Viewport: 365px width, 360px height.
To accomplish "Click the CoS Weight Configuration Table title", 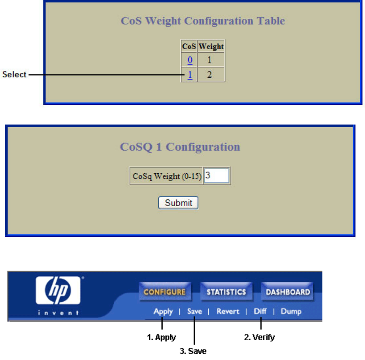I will coord(203,21).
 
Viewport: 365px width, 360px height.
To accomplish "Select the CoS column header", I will coord(189,46).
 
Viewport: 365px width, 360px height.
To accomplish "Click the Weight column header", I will coord(211,46).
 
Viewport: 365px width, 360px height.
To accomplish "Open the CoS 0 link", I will coord(190,60).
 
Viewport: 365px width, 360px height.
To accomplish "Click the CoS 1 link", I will coord(190,75).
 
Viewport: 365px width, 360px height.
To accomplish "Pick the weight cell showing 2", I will coord(210,75).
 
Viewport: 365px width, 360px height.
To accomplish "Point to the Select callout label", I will coord(14,75).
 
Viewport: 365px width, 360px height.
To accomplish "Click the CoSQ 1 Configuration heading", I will coord(180,146).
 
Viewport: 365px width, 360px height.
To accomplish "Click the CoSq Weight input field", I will coord(217,176).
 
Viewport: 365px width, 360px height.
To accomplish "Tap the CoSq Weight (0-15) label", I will coord(167,176).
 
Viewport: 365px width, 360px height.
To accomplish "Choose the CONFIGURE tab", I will coord(165,292).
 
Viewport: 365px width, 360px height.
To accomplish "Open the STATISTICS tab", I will coord(226,292).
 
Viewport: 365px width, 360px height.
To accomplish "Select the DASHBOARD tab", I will coord(288,292).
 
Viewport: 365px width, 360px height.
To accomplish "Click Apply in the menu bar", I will coord(163,311).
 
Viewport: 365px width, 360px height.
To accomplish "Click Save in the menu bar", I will coord(195,311).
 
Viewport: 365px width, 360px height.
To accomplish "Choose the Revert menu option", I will coord(228,311).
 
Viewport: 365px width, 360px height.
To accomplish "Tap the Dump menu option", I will coord(291,311).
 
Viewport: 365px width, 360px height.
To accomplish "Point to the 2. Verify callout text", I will coord(259,337).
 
